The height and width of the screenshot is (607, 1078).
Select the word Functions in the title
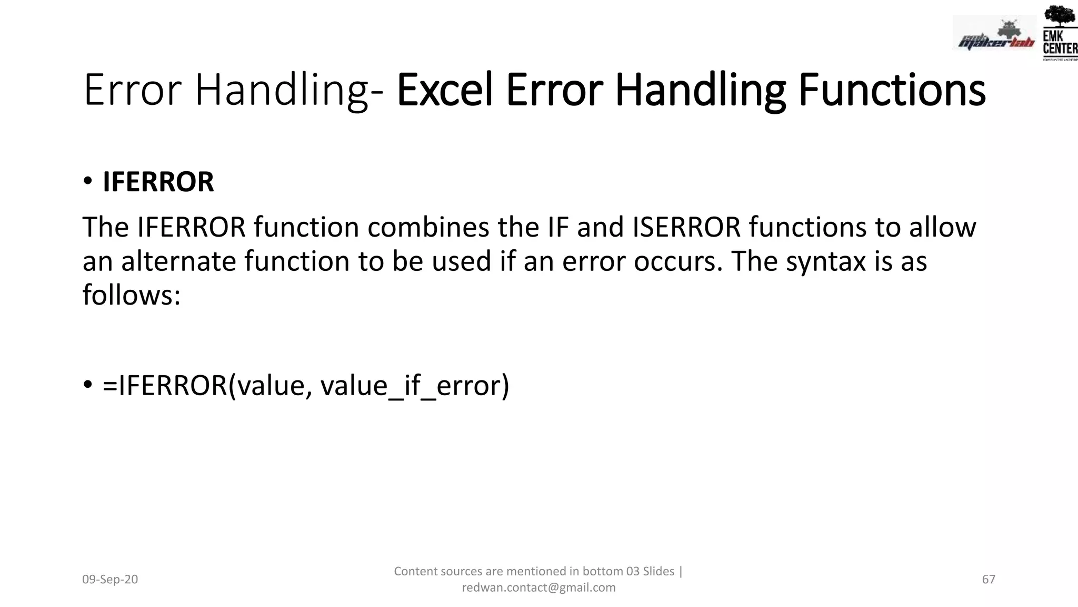click(892, 90)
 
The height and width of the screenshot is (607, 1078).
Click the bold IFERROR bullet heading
click(158, 182)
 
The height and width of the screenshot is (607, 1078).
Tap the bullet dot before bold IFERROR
click(87, 181)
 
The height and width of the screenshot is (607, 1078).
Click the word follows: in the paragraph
click(132, 295)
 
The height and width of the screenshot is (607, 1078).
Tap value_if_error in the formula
click(415, 385)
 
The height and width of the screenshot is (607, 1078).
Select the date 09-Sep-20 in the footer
click(110, 580)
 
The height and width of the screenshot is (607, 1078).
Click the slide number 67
click(989, 580)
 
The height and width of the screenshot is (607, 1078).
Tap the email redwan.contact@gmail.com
click(538, 588)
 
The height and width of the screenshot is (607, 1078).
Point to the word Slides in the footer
click(658, 571)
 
